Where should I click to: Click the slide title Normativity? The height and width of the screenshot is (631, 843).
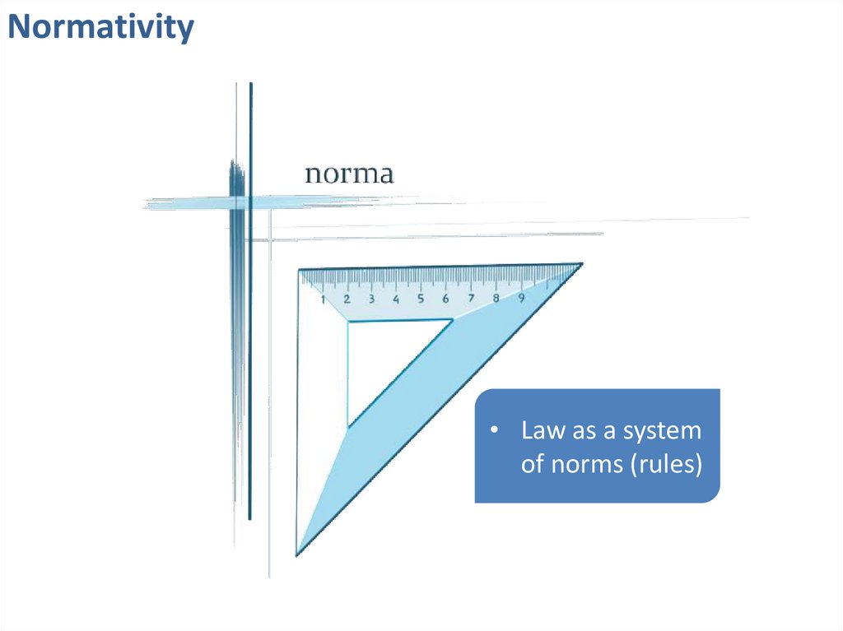click(100, 27)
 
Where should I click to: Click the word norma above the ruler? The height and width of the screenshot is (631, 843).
click(349, 174)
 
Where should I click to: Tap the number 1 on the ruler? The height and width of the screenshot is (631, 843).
click(323, 299)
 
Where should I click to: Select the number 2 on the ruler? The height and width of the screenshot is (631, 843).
click(347, 299)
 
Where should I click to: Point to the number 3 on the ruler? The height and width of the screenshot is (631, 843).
click(371, 299)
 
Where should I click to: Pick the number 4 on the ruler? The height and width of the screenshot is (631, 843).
click(396, 299)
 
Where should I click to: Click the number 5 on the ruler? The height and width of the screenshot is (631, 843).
click(421, 299)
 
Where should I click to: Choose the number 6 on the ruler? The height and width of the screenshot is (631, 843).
click(445, 299)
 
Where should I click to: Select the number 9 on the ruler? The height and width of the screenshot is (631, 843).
click(521, 297)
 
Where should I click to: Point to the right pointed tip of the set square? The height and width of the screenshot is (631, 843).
click(580, 264)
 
